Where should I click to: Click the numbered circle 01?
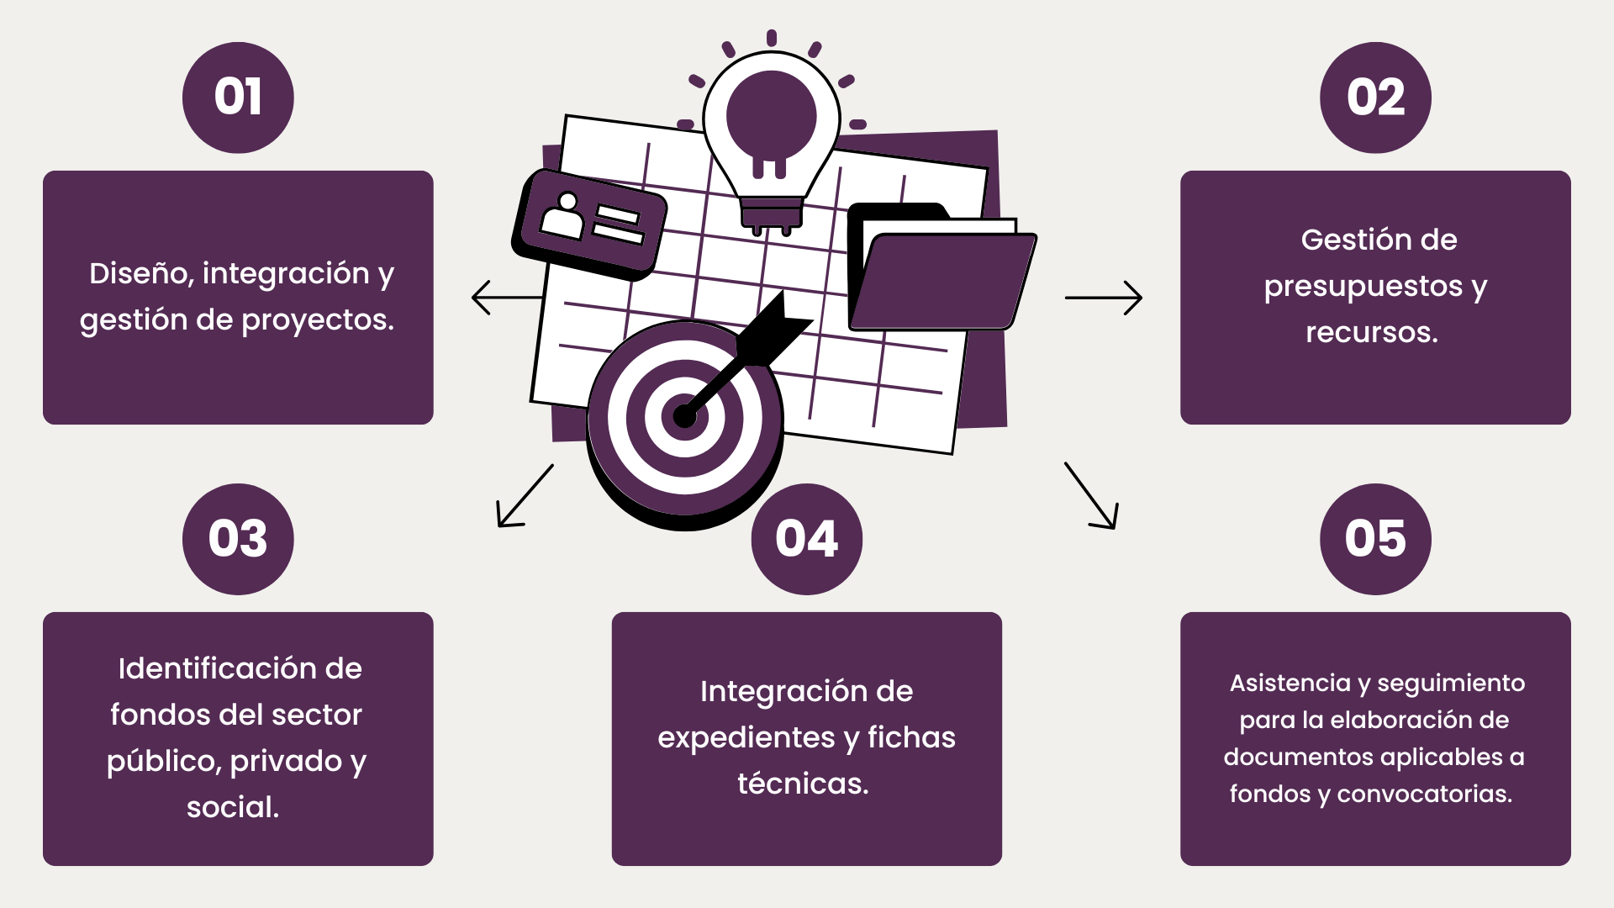[238, 98]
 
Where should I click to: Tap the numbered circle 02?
[1375, 98]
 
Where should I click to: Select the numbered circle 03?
[238, 539]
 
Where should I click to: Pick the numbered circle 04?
[807, 539]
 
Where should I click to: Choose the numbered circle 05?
[1375, 539]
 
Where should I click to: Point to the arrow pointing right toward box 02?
[1104, 298]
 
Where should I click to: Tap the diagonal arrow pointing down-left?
[524, 497]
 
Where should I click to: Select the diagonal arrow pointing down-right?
[1092, 496]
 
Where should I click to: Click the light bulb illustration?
[771, 135]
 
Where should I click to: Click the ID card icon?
[589, 223]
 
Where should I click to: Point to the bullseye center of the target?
[684, 415]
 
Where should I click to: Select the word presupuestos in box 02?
[1363, 288]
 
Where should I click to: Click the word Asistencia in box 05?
[1290, 683]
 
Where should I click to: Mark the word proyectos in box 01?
[318, 320]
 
